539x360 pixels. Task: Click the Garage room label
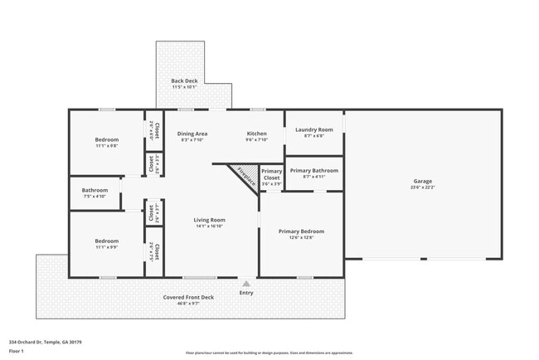[423, 181]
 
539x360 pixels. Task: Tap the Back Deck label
[184, 80]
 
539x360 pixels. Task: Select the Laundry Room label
[313, 129]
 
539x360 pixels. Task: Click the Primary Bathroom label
[313, 170]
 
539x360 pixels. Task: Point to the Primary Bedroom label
[301, 231]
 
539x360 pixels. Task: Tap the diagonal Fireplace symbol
[244, 177]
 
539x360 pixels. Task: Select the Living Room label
[210, 220]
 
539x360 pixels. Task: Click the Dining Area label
[192, 134]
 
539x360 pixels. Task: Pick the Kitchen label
[256, 134]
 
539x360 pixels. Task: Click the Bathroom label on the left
[95, 190]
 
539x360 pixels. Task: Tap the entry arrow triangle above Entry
[245, 284]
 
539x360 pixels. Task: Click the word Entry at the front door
[246, 293]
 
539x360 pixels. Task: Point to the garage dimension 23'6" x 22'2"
[423, 187]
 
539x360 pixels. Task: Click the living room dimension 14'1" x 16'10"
[210, 226]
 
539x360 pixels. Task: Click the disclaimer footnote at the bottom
[269, 352]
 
